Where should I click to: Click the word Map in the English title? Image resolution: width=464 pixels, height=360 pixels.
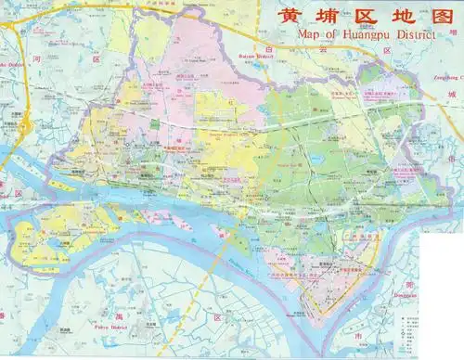coord(309,36)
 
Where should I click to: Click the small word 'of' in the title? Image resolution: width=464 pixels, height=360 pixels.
coord(328,36)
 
